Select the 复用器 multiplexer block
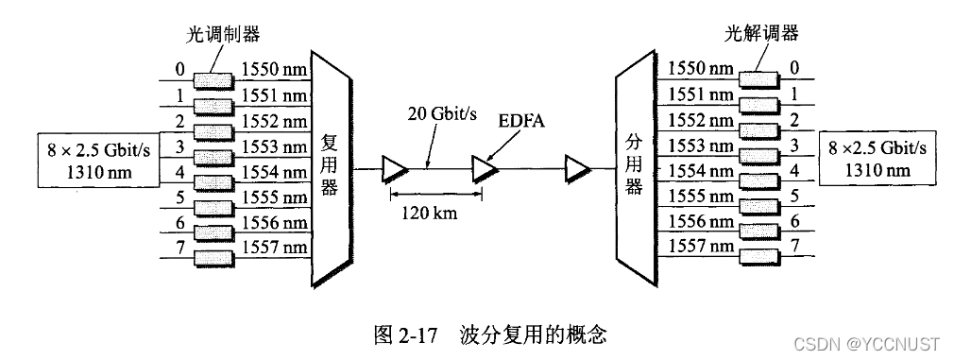pyautogui.click(x=331, y=168)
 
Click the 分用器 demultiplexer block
pyautogui.click(x=634, y=168)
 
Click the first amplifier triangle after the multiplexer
pyautogui.click(x=393, y=168)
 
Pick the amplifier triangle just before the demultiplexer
pyautogui.click(x=576, y=168)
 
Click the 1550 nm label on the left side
pyautogui.click(x=274, y=70)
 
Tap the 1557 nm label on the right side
pyautogui.click(x=700, y=247)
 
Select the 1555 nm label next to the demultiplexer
pyautogui.click(x=700, y=196)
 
